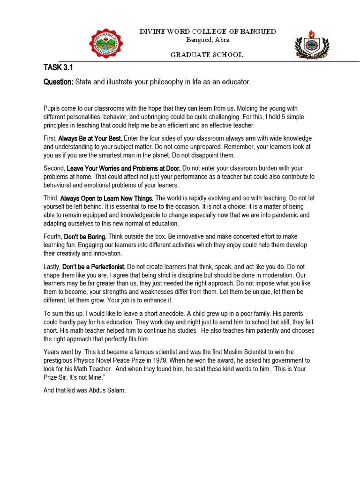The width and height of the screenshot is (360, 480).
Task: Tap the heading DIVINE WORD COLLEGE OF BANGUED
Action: (x=207, y=31)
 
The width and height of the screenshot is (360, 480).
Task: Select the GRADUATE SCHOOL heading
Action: (x=207, y=55)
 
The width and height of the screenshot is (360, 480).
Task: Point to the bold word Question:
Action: (x=59, y=82)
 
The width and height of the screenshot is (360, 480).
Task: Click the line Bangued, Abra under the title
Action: (x=207, y=40)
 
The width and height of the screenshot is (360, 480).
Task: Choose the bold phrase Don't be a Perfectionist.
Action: (x=94, y=267)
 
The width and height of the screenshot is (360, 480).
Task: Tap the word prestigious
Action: (x=61, y=360)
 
